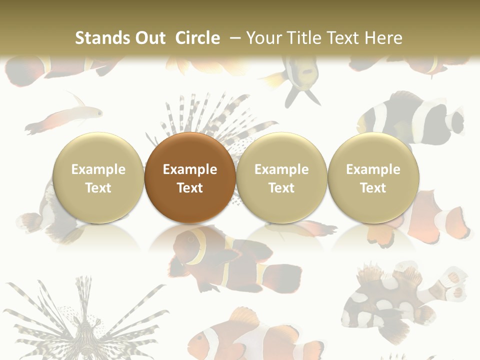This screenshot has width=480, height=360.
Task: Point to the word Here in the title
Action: tap(384, 38)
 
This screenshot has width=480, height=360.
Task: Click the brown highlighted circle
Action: tap(190, 177)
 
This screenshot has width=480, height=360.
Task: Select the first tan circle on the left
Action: tap(98, 177)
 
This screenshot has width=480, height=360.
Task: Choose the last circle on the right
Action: tap(373, 177)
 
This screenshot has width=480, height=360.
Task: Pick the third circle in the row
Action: tap(281, 177)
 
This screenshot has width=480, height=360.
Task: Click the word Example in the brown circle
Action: tap(190, 169)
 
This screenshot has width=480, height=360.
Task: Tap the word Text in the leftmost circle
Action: tap(98, 188)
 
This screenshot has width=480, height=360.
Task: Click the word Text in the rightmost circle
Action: tap(373, 188)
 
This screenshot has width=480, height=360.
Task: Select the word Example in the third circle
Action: tap(281, 169)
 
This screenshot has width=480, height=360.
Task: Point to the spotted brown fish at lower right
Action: tap(395, 300)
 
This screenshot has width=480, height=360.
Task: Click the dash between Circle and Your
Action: tap(234, 38)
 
